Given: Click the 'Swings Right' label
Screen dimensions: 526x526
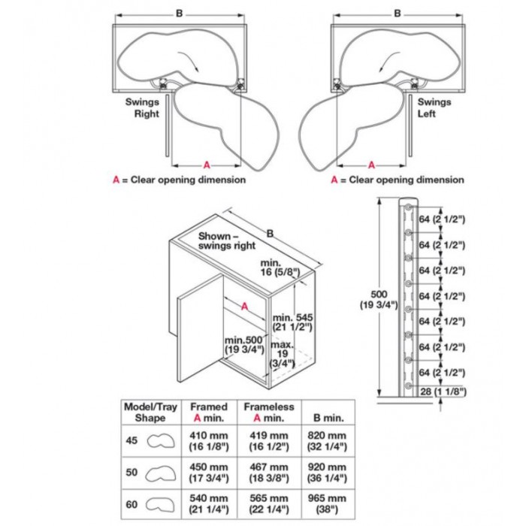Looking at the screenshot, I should tap(142, 109).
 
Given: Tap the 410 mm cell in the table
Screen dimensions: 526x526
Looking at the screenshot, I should tap(205, 440).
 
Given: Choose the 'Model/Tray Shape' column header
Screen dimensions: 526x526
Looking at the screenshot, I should tap(150, 413).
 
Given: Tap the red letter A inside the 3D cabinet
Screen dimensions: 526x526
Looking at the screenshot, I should tap(245, 306).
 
